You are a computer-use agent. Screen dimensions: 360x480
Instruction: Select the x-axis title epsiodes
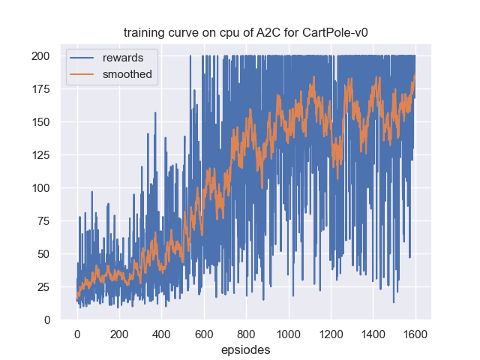point(245,349)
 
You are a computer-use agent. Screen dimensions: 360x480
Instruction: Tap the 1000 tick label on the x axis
point(288,334)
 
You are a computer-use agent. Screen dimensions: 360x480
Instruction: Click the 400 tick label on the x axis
point(161,334)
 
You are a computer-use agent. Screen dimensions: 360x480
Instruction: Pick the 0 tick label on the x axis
point(76,334)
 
